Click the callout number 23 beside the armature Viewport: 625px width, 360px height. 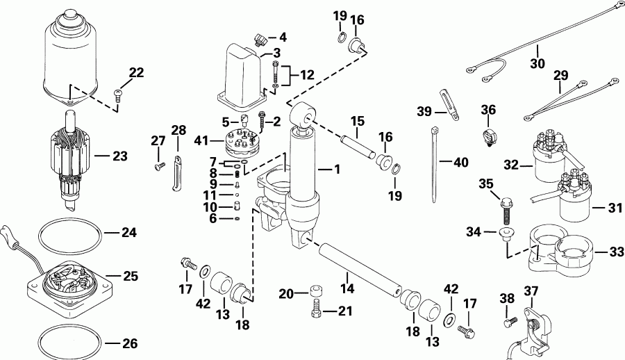pos(121,157)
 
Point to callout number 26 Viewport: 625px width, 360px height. pos(130,343)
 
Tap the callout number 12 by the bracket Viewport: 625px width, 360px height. pos(306,74)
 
